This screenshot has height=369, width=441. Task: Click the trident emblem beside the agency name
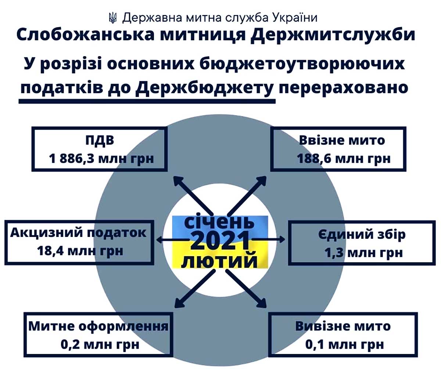[112, 18]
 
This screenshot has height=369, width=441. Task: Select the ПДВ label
[100, 140]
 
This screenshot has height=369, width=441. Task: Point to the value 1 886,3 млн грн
[101, 158]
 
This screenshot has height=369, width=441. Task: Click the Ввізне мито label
[342, 140]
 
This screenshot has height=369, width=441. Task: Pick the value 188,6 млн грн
[344, 158]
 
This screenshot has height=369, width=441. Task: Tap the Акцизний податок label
[78, 233]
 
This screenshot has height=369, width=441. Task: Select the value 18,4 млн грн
[80, 251]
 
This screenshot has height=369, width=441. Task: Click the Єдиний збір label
[362, 234]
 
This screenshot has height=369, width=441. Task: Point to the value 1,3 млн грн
[364, 253]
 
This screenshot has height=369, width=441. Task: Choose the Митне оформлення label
[98, 326]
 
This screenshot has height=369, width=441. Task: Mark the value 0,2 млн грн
[100, 344]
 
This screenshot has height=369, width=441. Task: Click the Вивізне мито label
[343, 326]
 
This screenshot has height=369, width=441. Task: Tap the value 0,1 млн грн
[345, 344]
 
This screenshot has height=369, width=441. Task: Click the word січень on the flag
[219, 222]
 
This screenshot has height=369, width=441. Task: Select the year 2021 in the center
[220, 240]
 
